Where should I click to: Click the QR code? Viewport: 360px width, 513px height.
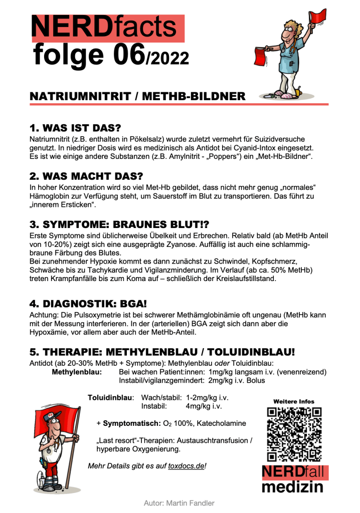[294, 433]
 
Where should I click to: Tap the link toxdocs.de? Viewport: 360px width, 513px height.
[187, 466]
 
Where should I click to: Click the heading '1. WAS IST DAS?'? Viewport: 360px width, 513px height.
[75, 128]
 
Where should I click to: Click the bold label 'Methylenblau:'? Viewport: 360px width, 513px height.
[77, 372]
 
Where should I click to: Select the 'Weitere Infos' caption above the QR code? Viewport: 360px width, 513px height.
[294, 401]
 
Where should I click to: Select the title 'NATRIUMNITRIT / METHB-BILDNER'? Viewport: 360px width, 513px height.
[137, 96]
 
